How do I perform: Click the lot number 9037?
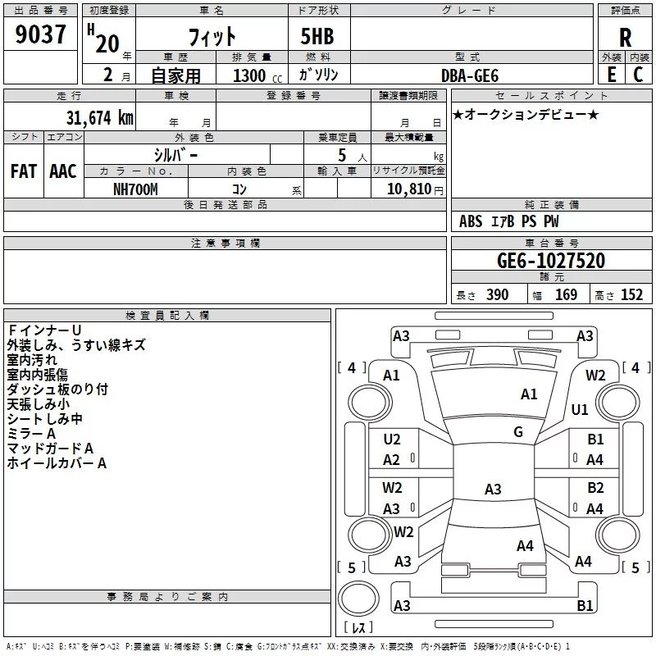click(x=40, y=34)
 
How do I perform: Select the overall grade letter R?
click(x=625, y=38)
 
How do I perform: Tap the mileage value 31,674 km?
click(x=99, y=117)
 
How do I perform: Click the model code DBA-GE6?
click(x=470, y=75)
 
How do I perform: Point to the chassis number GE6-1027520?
click(x=551, y=260)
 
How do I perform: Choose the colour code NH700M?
click(x=135, y=189)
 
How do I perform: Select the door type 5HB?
click(x=317, y=36)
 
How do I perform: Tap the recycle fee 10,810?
click(x=408, y=189)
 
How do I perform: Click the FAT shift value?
click(x=24, y=171)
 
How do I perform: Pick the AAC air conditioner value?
click(x=63, y=171)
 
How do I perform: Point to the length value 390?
click(x=498, y=294)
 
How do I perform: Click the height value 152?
click(x=631, y=294)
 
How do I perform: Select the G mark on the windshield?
click(x=518, y=432)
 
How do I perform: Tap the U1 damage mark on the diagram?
click(x=580, y=409)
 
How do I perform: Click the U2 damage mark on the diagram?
click(x=392, y=440)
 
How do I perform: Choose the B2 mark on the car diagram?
click(x=595, y=488)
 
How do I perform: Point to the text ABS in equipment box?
click(x=471, y=221)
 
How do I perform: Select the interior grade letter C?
click(x=638, y=75)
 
